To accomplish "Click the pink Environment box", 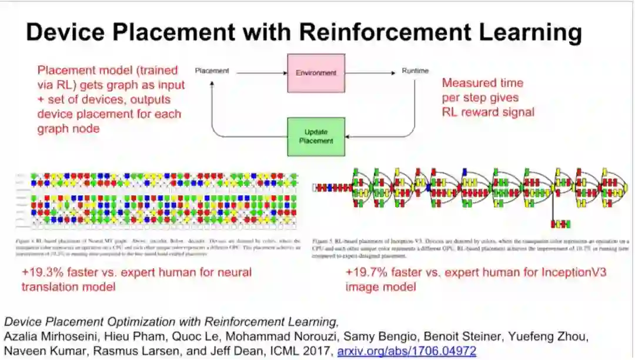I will (316, 73).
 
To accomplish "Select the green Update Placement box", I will (316, 136).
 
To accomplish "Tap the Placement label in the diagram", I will (212, 72).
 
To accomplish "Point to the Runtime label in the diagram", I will (415, 72).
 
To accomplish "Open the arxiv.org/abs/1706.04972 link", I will (406, 352).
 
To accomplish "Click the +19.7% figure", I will (365, 273).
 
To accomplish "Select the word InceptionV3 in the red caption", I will (569, 273).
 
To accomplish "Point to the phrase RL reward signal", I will (488, 112).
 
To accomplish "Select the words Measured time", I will (482, 83).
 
